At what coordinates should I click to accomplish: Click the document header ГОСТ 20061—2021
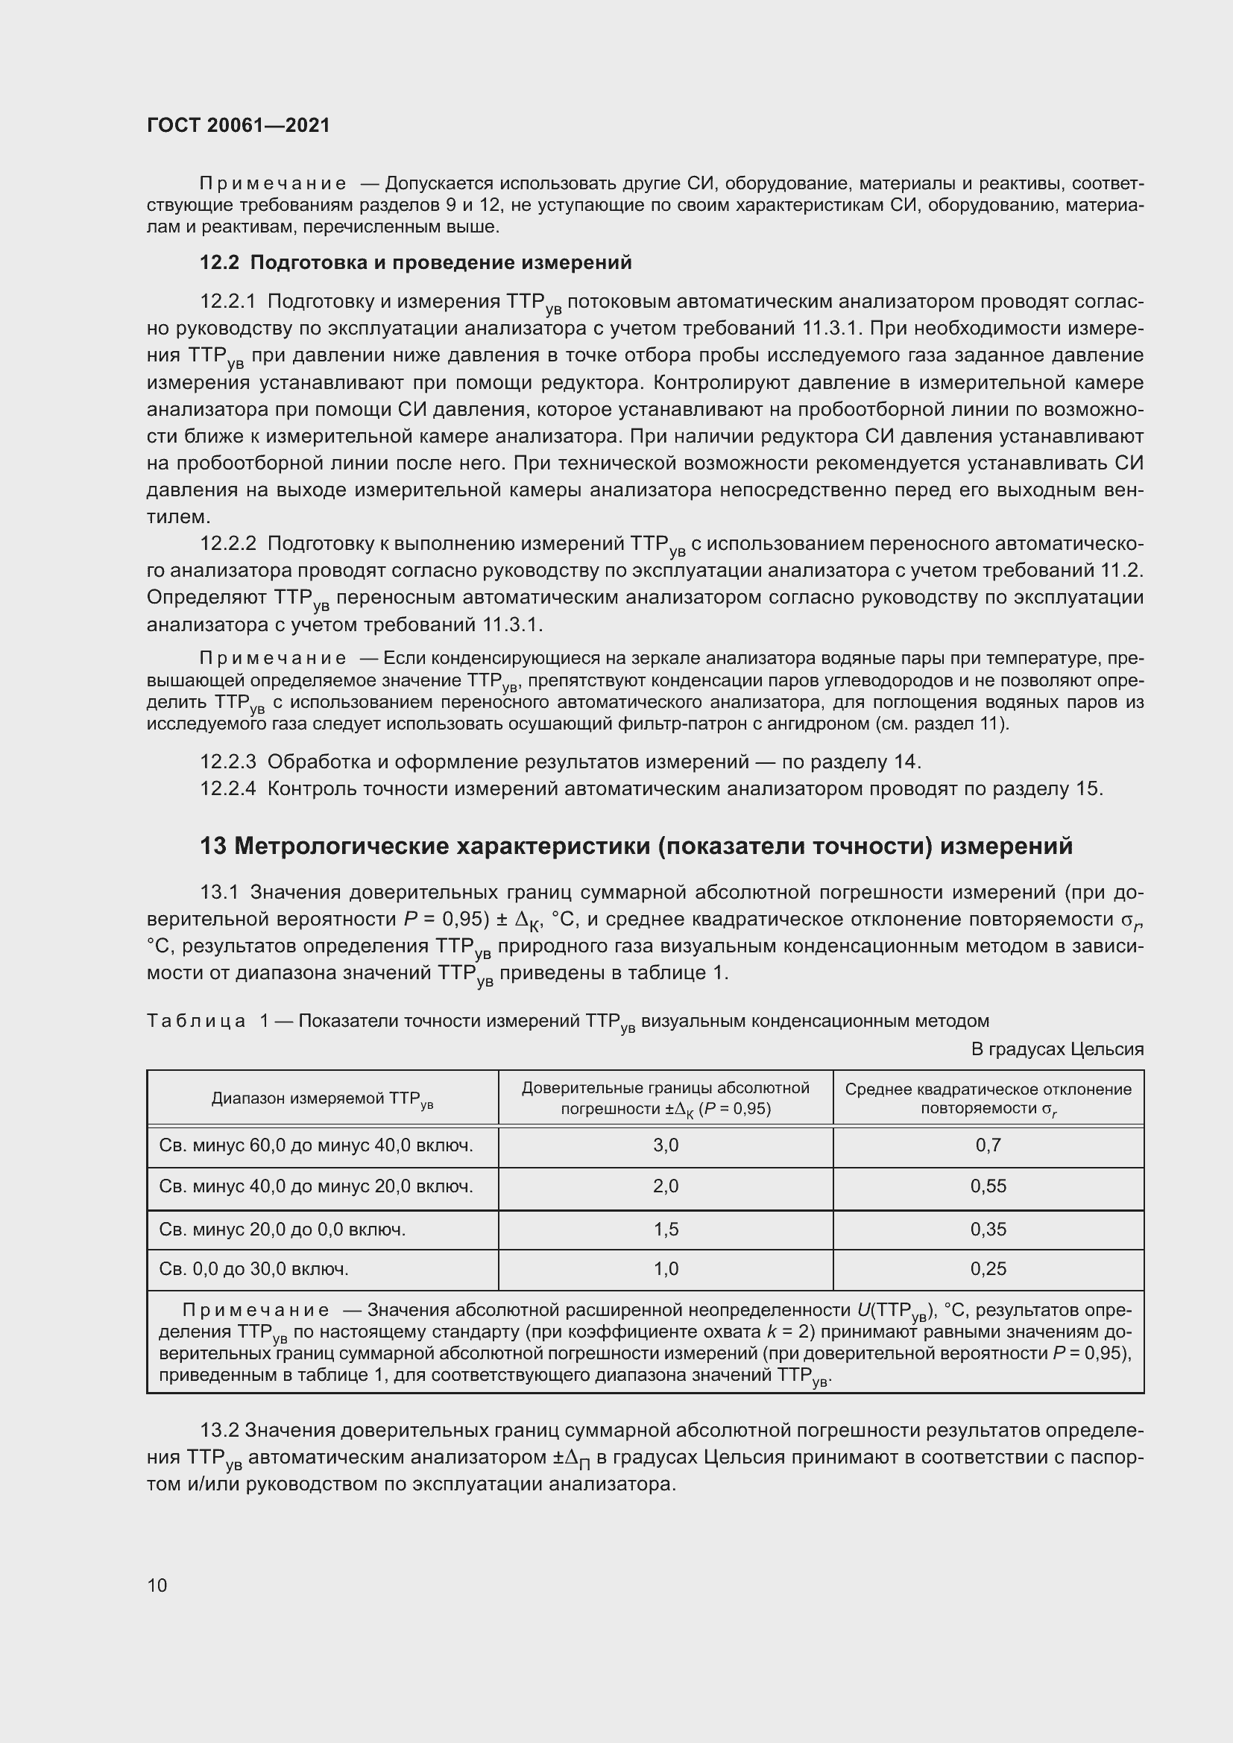tap(239, 125)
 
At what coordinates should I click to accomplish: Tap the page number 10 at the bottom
tap(157, 1585)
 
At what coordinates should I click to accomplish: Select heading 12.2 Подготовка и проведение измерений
tap(415, 262)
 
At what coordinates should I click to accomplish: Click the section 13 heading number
tap(213, 846)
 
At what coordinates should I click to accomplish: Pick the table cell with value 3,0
tap(665, 1145)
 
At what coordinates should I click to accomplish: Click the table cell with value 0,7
tap(988, 1145)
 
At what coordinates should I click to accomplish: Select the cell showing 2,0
tap(665, 1186)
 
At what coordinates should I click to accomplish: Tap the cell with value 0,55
tap(988, 1186)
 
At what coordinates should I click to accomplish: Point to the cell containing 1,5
tap(665, 1229)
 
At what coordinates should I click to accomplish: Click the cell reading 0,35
tap(988, 1229)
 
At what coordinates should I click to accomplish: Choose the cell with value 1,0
tap(665, 1269)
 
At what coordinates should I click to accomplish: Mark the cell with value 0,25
tap(988, 1269)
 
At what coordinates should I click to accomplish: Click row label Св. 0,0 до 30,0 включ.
tap(253, 1269)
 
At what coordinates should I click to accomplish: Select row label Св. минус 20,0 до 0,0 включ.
tap(283, 1229)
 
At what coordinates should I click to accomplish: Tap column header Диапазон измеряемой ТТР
tap(322, 1099)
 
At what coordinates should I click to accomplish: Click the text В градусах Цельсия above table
tap(1057, 1049)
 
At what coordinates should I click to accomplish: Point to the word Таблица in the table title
tap(196, 1021)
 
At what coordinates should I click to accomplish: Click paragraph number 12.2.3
tap(228, 762)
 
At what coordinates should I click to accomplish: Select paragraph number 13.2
tap(219, 1430)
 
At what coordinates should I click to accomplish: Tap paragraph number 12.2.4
tap(228, 788)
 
